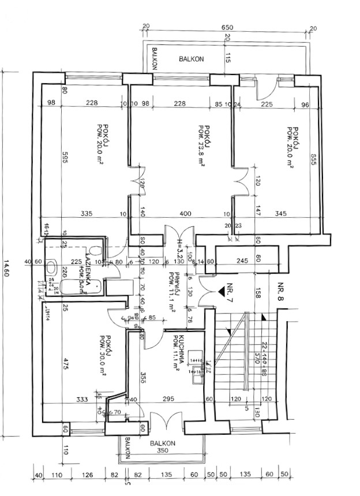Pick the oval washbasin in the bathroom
point(50,269)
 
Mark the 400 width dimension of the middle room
point(185,214)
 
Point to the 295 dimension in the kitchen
point(168,399)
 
